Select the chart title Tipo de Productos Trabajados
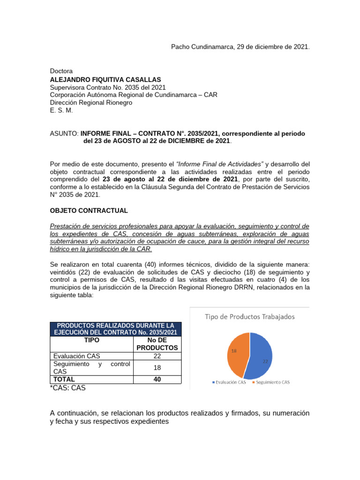coord(250,316)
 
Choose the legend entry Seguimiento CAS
coord(272,382)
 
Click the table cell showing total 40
coord(157,379)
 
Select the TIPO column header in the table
coord(91,340)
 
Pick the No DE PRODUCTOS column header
coord(157,344)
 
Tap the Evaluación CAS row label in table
coord(77,356)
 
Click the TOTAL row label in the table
coord(64,379)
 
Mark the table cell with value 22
coord(157,356)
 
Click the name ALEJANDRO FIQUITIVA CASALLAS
coord(105,80)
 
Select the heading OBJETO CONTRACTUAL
coord(89,211)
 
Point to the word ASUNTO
coord(64,134)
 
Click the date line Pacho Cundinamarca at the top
coord(240,47)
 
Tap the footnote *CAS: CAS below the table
coord(67,388)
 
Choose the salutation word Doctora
coord(61,71)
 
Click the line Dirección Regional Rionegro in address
coord(91,103)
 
